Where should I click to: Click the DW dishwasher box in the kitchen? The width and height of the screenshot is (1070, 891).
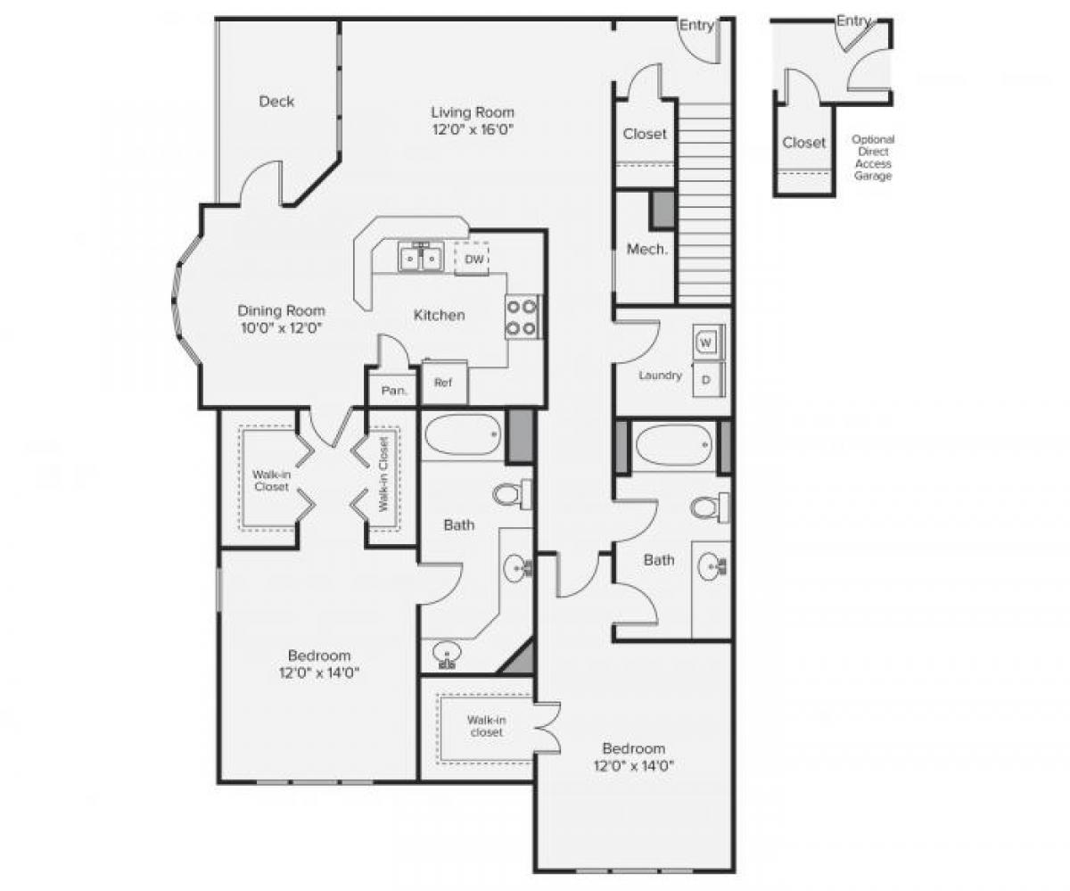474,260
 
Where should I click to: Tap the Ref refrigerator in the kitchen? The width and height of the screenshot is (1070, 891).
443,383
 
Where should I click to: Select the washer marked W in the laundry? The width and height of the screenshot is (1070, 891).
706,342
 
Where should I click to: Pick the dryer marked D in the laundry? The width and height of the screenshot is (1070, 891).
706,379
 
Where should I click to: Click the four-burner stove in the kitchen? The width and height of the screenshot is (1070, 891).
523,318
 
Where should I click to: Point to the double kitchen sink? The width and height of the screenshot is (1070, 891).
420,258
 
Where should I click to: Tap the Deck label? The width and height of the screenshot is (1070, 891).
276,102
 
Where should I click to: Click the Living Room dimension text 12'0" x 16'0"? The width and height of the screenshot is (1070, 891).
473,129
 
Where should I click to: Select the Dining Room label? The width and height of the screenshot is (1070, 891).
281,311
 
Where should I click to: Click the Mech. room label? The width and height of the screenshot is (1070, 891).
646,250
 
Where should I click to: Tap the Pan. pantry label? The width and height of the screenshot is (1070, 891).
393,391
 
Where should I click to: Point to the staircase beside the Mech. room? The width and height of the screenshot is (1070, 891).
704,201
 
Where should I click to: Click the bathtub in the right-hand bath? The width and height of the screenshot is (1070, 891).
674,443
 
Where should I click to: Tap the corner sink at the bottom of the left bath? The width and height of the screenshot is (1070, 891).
447,656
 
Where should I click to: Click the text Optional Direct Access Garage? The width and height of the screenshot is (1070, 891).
872,158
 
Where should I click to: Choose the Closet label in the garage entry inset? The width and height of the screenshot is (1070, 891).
803,143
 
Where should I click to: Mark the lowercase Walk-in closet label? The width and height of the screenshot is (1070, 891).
486,725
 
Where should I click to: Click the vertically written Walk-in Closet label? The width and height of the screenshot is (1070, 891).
383,474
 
